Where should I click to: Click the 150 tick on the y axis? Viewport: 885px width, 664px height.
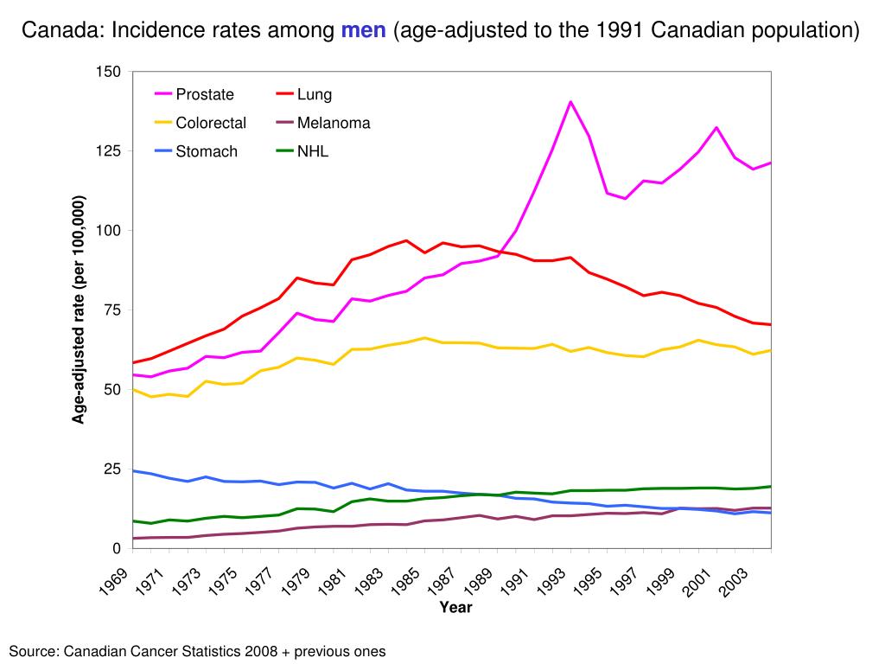tap(109, 72)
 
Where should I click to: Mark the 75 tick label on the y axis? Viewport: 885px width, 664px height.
tap(112, 310)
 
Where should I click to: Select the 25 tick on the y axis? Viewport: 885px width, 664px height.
tap(112, 469)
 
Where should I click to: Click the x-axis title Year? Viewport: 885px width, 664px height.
tap(455, 608)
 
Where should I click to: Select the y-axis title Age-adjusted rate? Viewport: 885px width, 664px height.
tap(79, 310)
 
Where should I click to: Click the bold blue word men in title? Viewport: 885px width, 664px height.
tap(363, 31)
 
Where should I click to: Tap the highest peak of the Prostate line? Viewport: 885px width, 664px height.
tap(570, 102)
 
